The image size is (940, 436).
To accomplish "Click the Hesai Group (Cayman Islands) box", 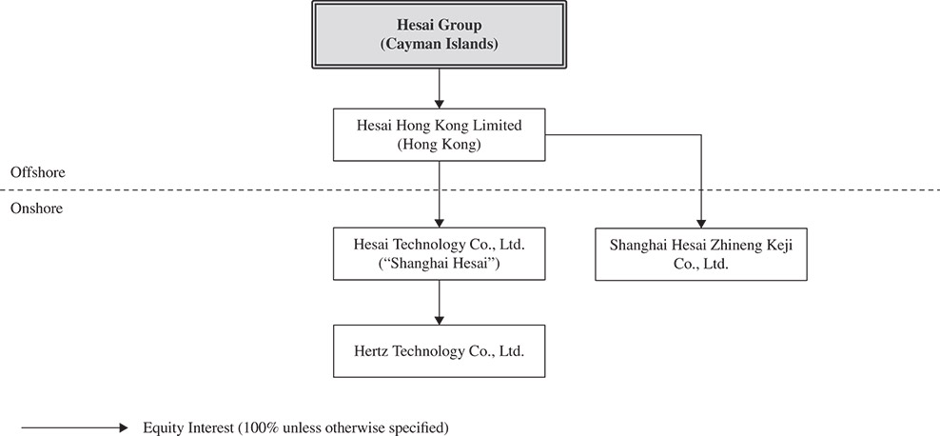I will (x=439, y=34).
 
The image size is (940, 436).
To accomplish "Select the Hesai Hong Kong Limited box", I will (x=439, y=135).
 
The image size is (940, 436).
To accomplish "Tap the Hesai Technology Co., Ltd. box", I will (x=439, y=253).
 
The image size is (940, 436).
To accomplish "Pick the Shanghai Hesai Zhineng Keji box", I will (x=700, y=254).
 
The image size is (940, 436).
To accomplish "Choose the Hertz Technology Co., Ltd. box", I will (x=439, y=349).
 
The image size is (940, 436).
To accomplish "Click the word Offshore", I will (x=36, y=172).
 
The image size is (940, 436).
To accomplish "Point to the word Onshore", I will (x=35, y=208).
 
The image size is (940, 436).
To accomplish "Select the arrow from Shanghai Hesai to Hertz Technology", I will (x=439, y=302).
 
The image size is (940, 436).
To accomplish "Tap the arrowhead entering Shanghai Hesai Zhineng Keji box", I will (x=701, y=222).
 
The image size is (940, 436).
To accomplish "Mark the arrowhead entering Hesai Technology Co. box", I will (x=439, y=221).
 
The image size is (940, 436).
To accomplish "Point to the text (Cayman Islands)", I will (x=439, y=44).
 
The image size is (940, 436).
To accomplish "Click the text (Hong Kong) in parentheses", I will (x=439, y=145).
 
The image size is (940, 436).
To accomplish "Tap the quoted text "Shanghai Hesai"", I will (x=439, y=264).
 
